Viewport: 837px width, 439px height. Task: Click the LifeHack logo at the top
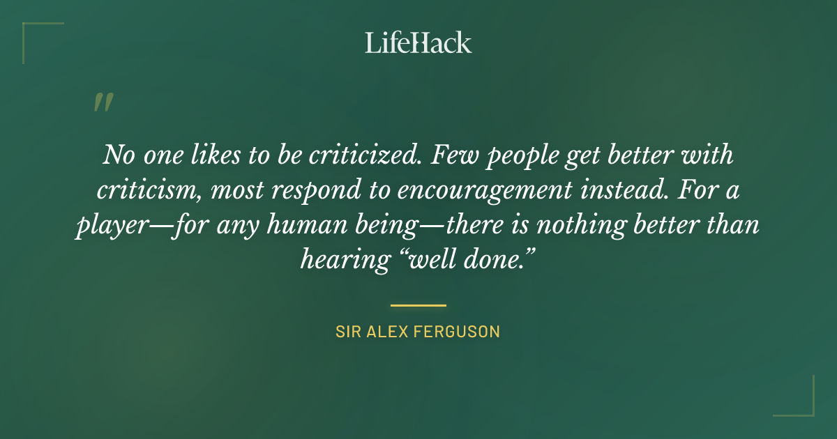[418, 43]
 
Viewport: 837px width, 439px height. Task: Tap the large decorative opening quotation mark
[103, 103]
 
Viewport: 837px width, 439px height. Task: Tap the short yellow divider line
[418, 305]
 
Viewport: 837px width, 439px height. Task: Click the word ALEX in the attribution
[384, 332]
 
